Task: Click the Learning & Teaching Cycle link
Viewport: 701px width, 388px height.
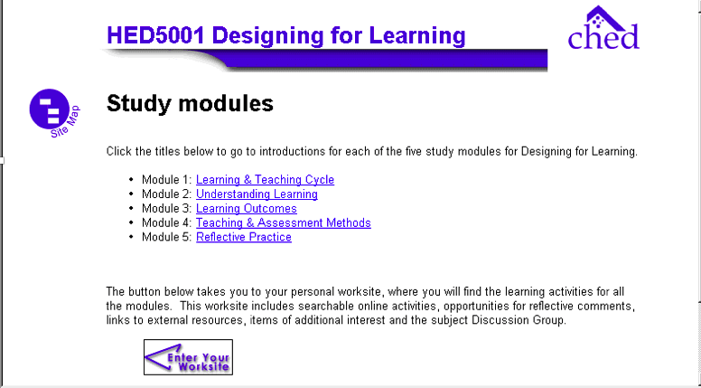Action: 265,180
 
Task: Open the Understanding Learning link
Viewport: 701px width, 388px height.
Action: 257,194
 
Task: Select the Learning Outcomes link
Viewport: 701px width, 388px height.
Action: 247,209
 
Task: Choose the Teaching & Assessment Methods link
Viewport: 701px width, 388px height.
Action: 284,222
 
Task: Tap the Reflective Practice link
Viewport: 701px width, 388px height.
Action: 244,237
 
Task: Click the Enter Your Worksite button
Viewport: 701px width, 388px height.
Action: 188,357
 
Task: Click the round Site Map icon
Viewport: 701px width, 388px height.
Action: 49,109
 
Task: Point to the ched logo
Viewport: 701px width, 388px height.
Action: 603,28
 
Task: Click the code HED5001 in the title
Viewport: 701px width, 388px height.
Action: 155,35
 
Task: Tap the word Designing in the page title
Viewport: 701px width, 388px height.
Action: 267,36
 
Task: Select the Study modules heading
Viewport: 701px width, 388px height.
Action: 190,103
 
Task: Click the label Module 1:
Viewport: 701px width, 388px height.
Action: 167,180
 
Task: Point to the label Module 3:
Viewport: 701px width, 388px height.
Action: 167,209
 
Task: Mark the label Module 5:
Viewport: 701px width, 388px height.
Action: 167,237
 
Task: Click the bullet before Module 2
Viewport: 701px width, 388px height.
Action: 131,194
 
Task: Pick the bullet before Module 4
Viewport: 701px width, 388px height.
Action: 131,222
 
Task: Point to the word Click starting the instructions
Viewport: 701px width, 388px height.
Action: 119,152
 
